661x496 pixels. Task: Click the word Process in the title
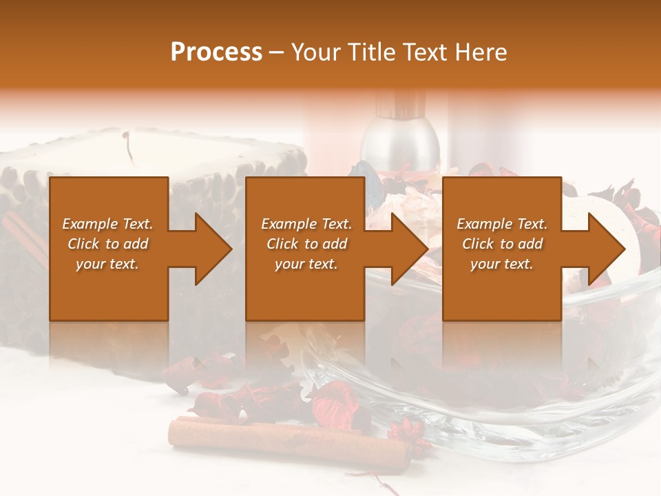(216, 52)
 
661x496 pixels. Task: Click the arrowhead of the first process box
(210, 249)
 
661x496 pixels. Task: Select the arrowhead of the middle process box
(407, 249)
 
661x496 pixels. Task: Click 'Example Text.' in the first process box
(107, 224)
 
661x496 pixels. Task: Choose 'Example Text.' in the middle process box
(306, 224)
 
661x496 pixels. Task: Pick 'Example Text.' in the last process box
(502, 224)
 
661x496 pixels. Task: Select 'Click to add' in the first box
(107, 244)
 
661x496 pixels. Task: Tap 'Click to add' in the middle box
(306, 244)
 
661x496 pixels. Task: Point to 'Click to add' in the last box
(502, 244)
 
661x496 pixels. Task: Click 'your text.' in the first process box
(107, 264)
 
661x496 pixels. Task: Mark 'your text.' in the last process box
(502, 264)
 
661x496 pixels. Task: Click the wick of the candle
(127, 144)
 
